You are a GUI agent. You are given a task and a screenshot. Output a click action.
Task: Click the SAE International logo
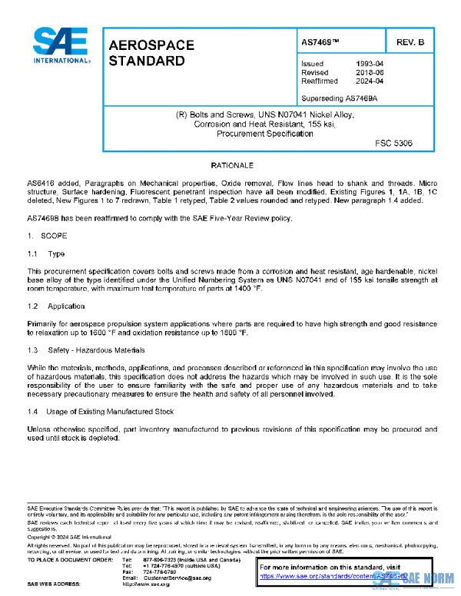pos(59,45)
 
